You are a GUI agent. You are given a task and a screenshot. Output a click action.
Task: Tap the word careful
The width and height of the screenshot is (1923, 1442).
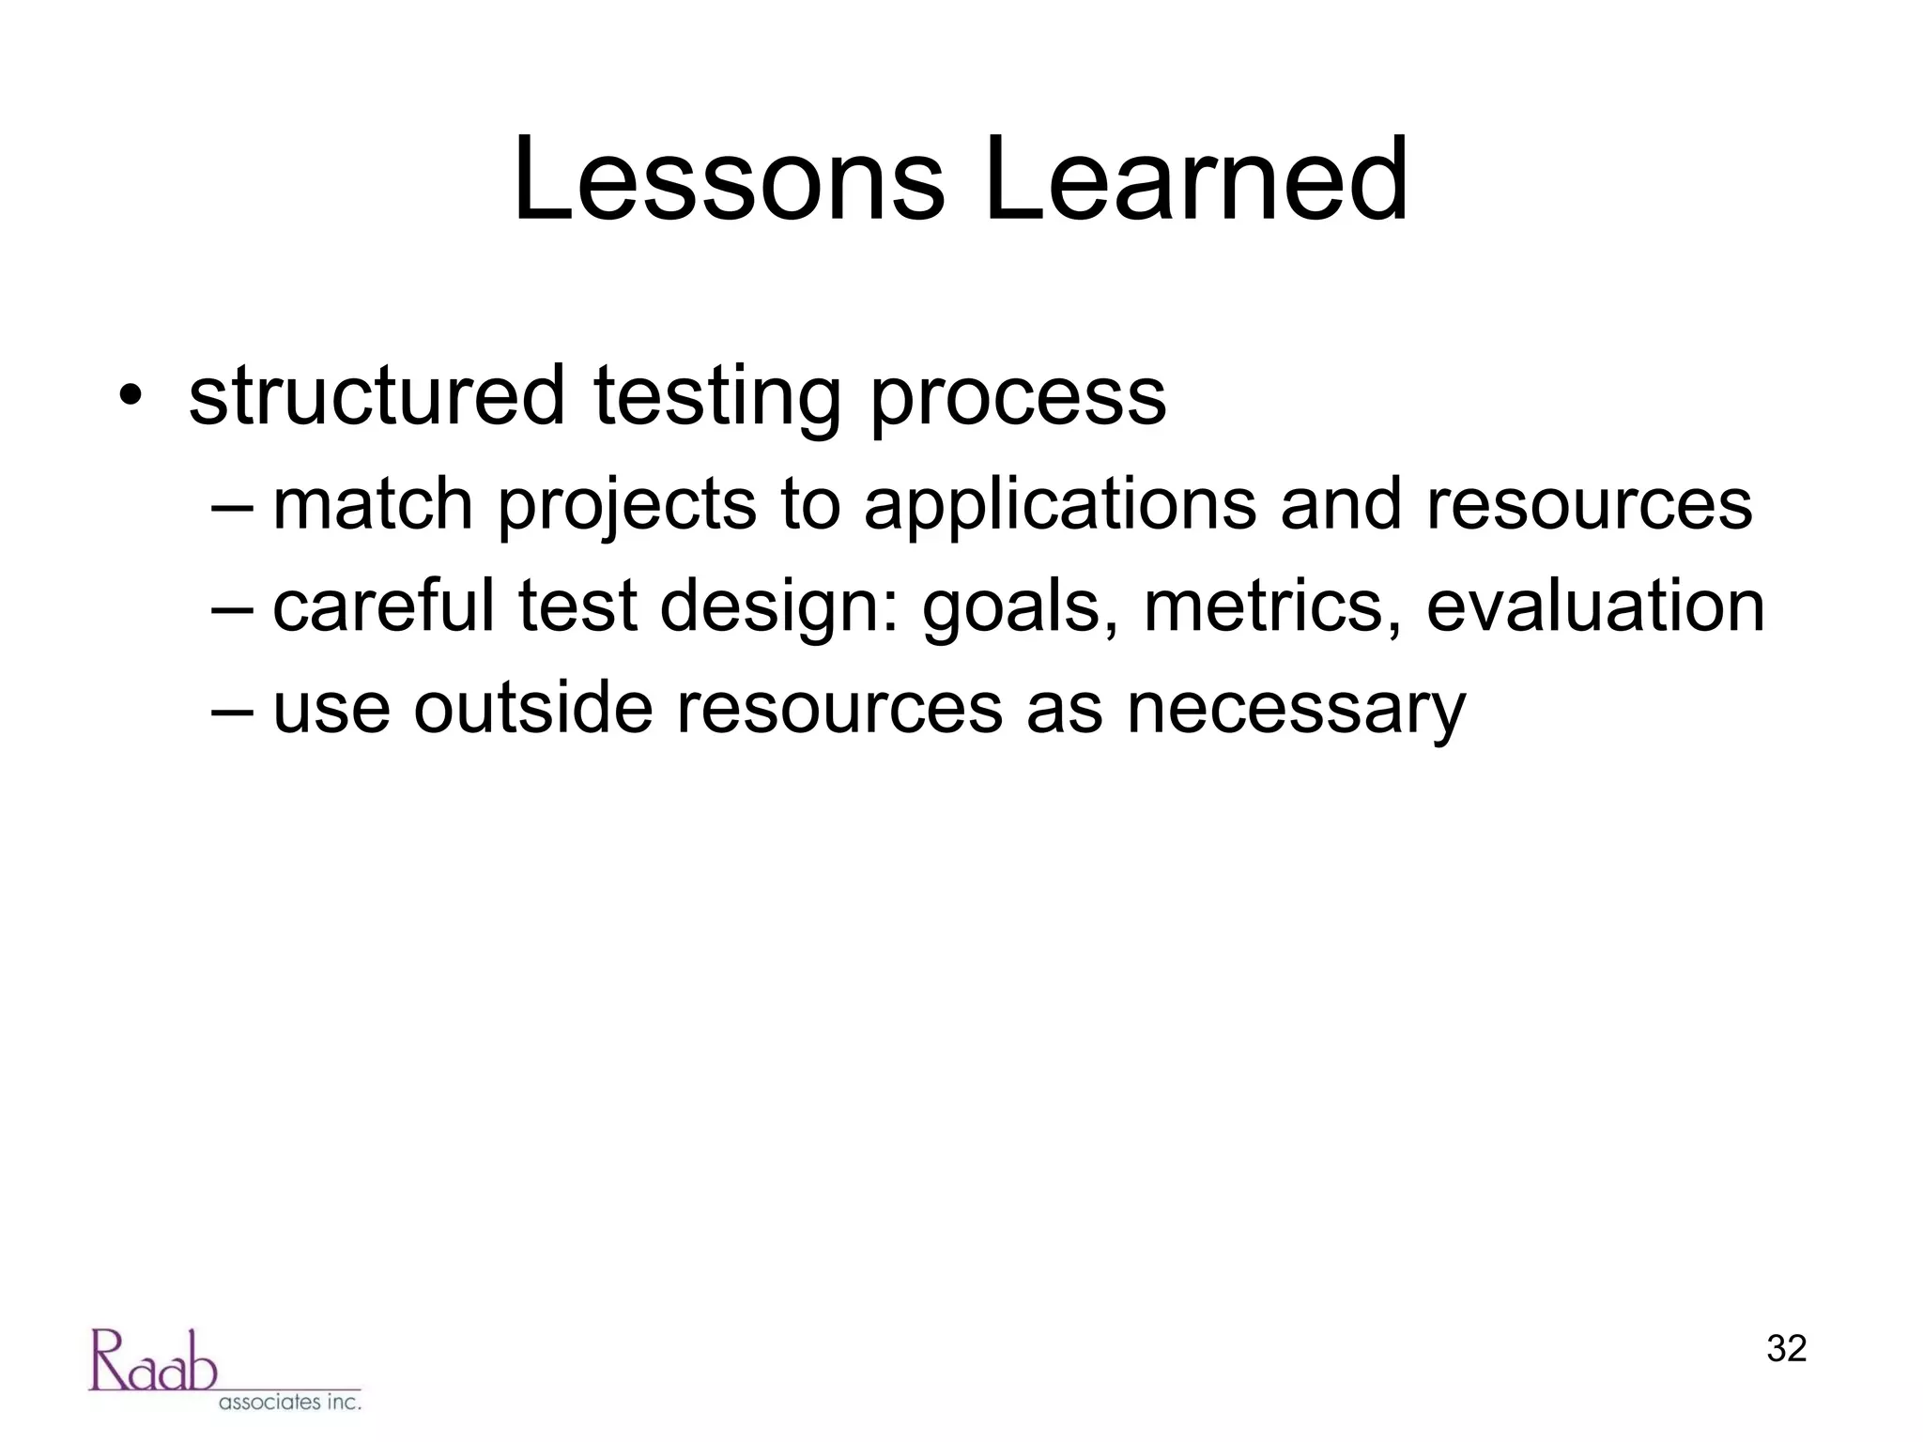click(x=383, y=606)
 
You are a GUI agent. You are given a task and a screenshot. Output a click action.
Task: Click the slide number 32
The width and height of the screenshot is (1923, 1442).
click(x=1786, y=1349)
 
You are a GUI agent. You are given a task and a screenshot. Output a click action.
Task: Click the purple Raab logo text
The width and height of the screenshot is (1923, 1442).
click(x=153, y=1360)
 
